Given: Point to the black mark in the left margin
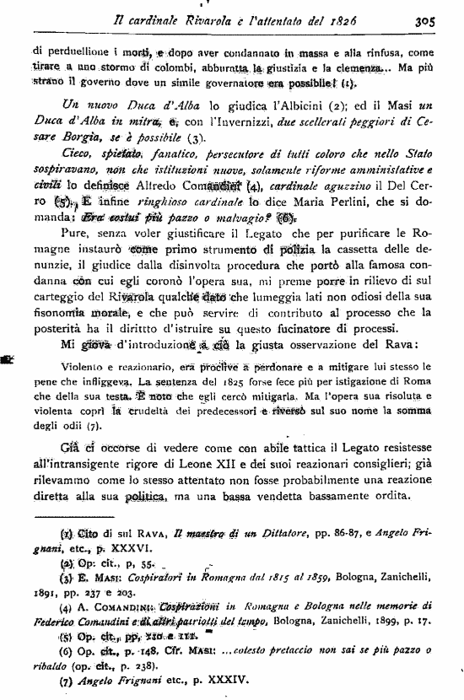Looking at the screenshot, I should [x=10, y=358].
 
